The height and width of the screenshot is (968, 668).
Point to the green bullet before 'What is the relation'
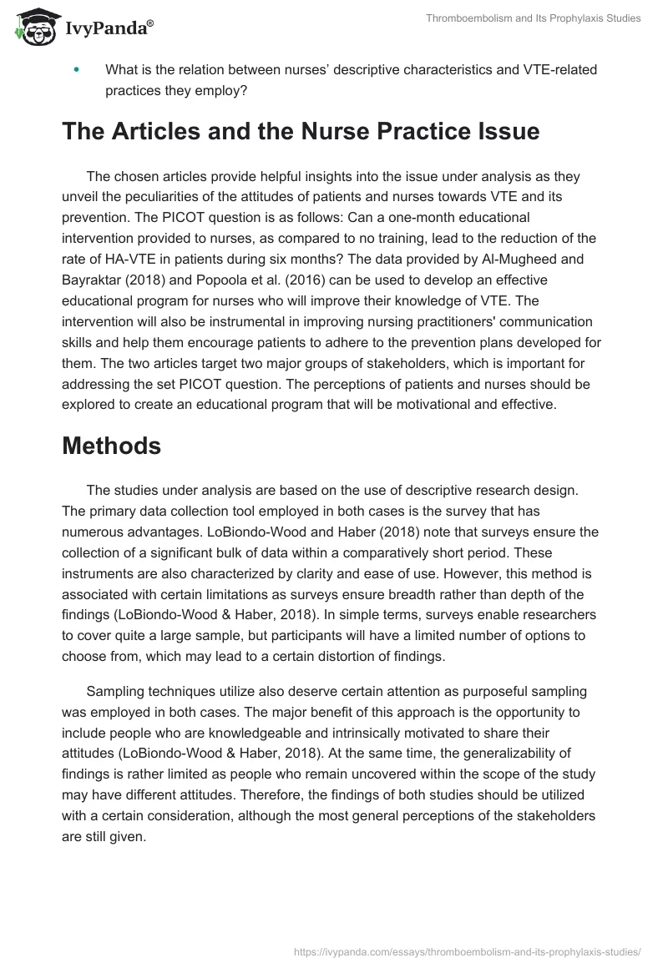click(x=78, y=70)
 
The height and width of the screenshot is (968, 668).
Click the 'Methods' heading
click(x=111, y=446)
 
